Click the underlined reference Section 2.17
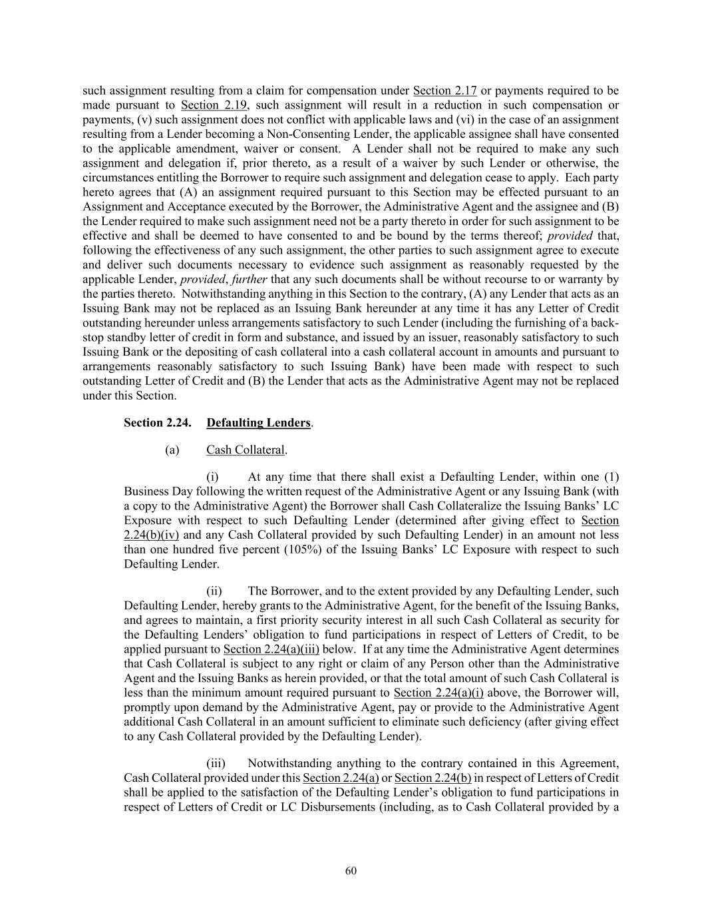pyautogui.click(x=444, y=91)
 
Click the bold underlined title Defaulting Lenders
pyautogui.click(x=258, y=423)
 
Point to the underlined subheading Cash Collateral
pyautogui.click(x=245, y=450)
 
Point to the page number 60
pyautogui.click(x=351, y=871)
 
